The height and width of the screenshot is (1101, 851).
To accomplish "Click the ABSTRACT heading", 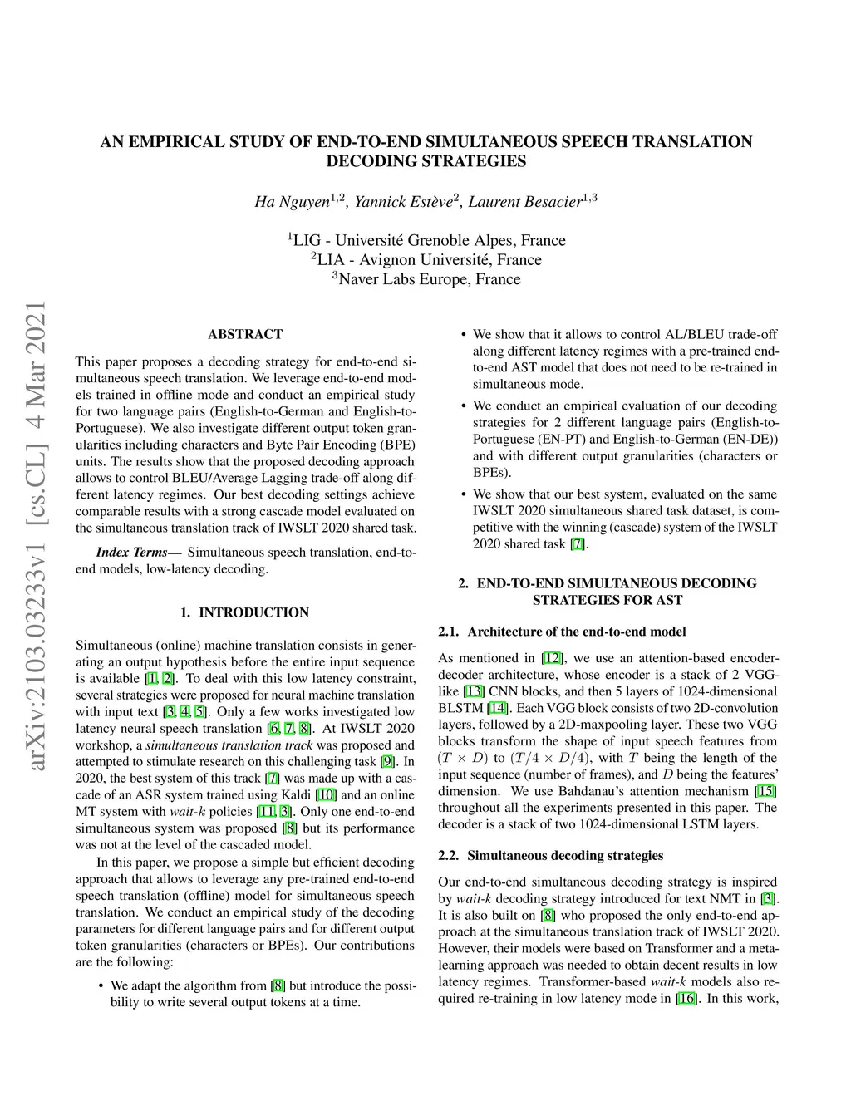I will (245, 334).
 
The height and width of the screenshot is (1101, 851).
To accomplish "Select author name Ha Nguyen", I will (292, 202).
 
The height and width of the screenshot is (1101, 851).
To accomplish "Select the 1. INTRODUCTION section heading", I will (245, 612).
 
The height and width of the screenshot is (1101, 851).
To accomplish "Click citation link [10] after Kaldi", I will (326, 795).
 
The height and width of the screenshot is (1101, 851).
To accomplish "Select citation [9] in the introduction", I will (387, 762).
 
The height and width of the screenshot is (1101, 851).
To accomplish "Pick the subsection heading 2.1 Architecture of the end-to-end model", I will (562, 632).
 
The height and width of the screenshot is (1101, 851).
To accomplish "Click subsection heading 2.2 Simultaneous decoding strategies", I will (551, 855).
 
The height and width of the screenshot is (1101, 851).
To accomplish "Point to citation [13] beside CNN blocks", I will (474, 691).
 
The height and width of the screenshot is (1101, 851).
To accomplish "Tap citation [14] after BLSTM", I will (497, 708).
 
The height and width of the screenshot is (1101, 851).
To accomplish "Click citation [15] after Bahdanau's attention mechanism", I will (765, 791).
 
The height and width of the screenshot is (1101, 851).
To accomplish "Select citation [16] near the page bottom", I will (686, 999).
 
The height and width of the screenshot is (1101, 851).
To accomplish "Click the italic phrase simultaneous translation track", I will (229, 745).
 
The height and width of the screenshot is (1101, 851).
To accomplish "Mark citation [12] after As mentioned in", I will (552, 658).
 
